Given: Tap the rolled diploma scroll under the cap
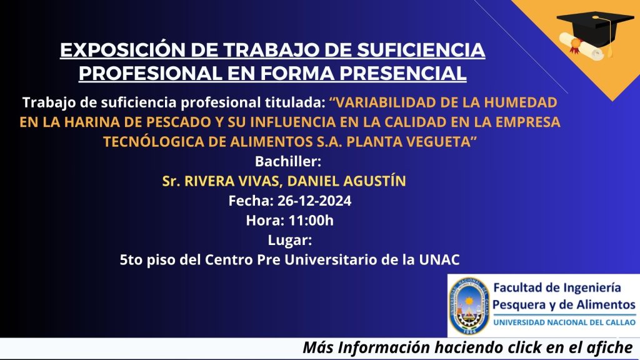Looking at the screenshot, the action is pyautogui.click(x=581, y=46).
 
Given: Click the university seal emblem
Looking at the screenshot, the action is pyautogui.click(x=469, y=306).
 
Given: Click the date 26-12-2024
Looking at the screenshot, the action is pyautogui.click(x=314, y=201).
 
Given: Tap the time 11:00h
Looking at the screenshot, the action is pyautogui.click(x=311, y=221).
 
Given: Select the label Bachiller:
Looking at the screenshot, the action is pyautogui.click(x=288, y=162).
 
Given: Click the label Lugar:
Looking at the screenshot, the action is pyautogui.click(x=290, y=241).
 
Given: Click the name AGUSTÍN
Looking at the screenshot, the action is pyautogui.click(x=375, y=181).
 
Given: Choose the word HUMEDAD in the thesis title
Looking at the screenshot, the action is pyautogui.click(x=521, y=102).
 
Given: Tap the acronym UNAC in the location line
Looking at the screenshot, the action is pyautogui.click(x=439, y=259).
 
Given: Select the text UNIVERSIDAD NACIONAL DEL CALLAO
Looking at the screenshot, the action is pyautogui.click(x=564, y=322).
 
